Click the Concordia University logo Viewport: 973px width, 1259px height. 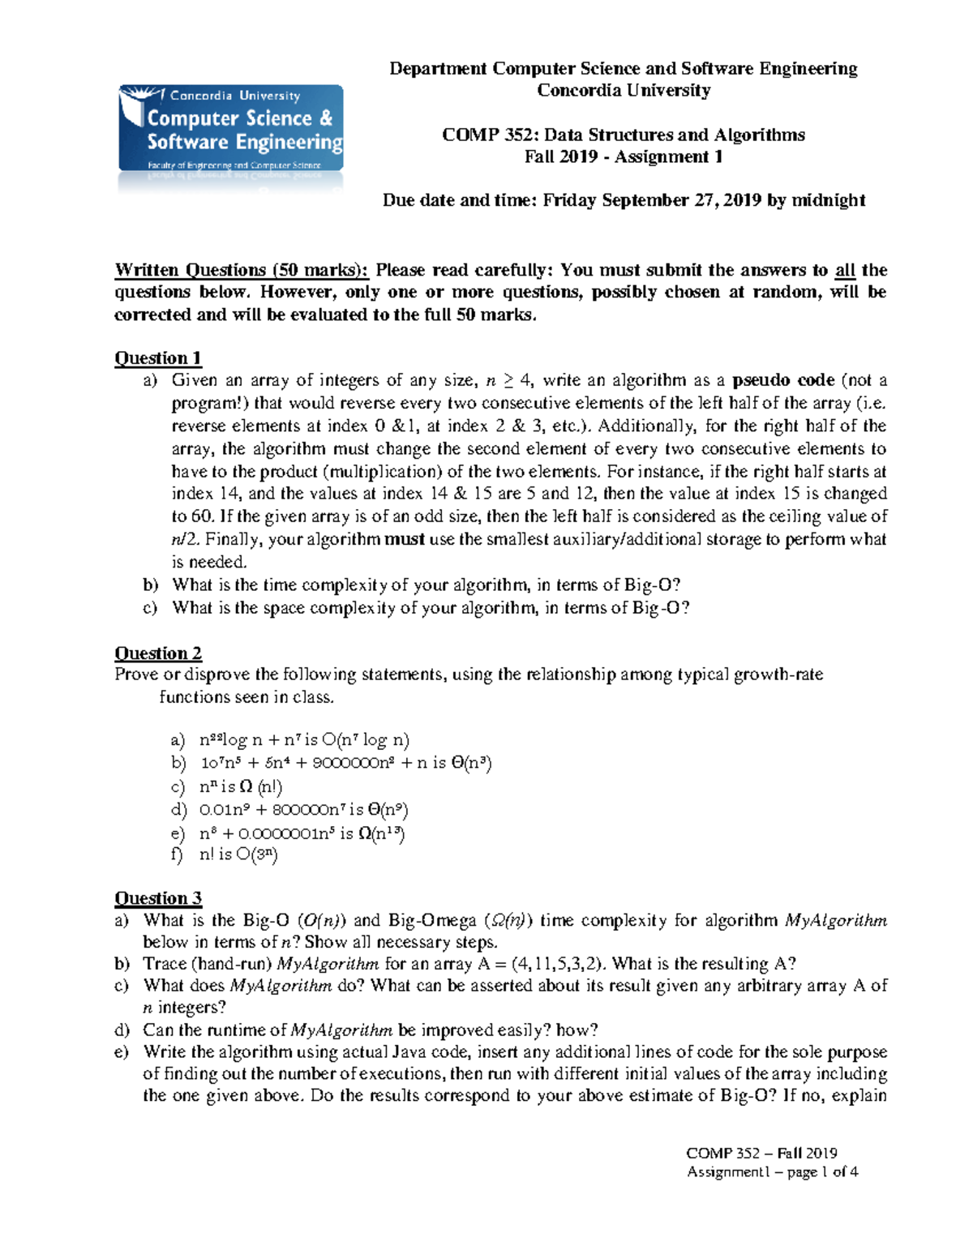pos(231,129)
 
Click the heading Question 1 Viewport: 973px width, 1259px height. pos(157,358)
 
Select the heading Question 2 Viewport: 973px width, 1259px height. pos(157,653)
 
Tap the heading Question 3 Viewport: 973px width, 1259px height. pos(157,898)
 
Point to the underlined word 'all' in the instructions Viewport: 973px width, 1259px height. pos(845,271)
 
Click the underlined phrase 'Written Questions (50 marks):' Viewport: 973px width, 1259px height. pos(242,271)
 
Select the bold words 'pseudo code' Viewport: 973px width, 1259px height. pos(783,380)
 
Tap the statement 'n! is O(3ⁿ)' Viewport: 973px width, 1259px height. pos(238,854)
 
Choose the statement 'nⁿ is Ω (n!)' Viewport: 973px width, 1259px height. pos(240,786)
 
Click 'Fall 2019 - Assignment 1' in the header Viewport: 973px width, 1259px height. pos(623,157)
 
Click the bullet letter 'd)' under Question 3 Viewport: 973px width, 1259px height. pos(122,1030)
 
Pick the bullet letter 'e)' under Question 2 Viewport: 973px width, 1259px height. pos(178,833)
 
